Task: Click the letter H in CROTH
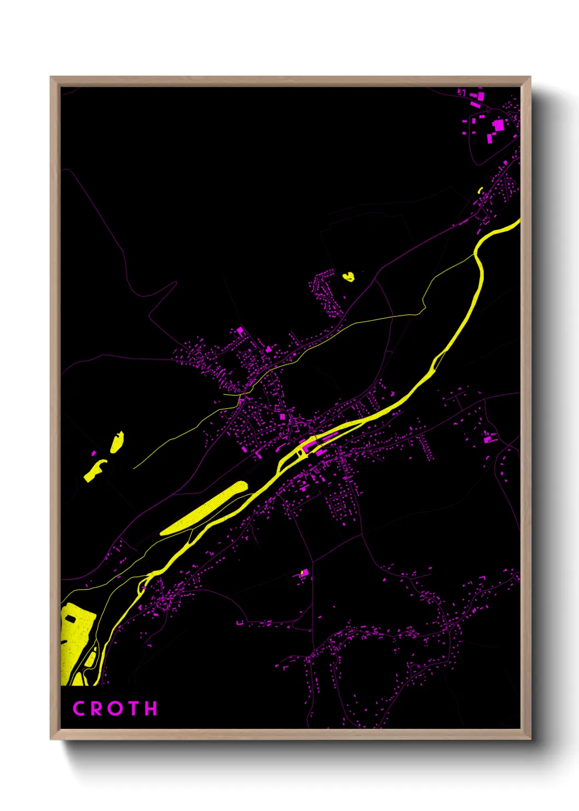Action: pyautogui.click(x=150, y=709)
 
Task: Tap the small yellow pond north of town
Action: pyautogui.click(x=349, y=277)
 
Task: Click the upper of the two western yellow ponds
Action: pyautogui.click(x=117, y=442)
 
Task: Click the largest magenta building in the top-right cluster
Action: pyautogui.click(x=498, y=125)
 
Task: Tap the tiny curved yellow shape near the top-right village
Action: pyautogui.click(x=480, y=191)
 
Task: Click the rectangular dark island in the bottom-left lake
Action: pyautogui.click(x=71, y=619)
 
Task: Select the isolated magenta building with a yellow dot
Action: pyautogui.click(x=303, y=573)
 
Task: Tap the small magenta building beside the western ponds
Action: pyautogui.click(x=94, y=454)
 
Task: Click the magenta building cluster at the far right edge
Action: pyautogui.click(x=489, y=438)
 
